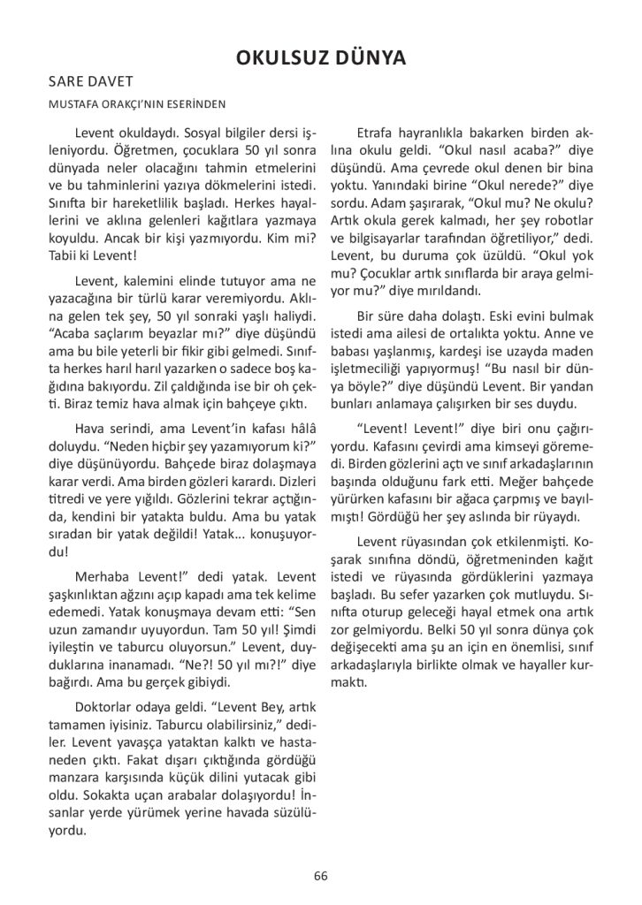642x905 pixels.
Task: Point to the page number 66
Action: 321,876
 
